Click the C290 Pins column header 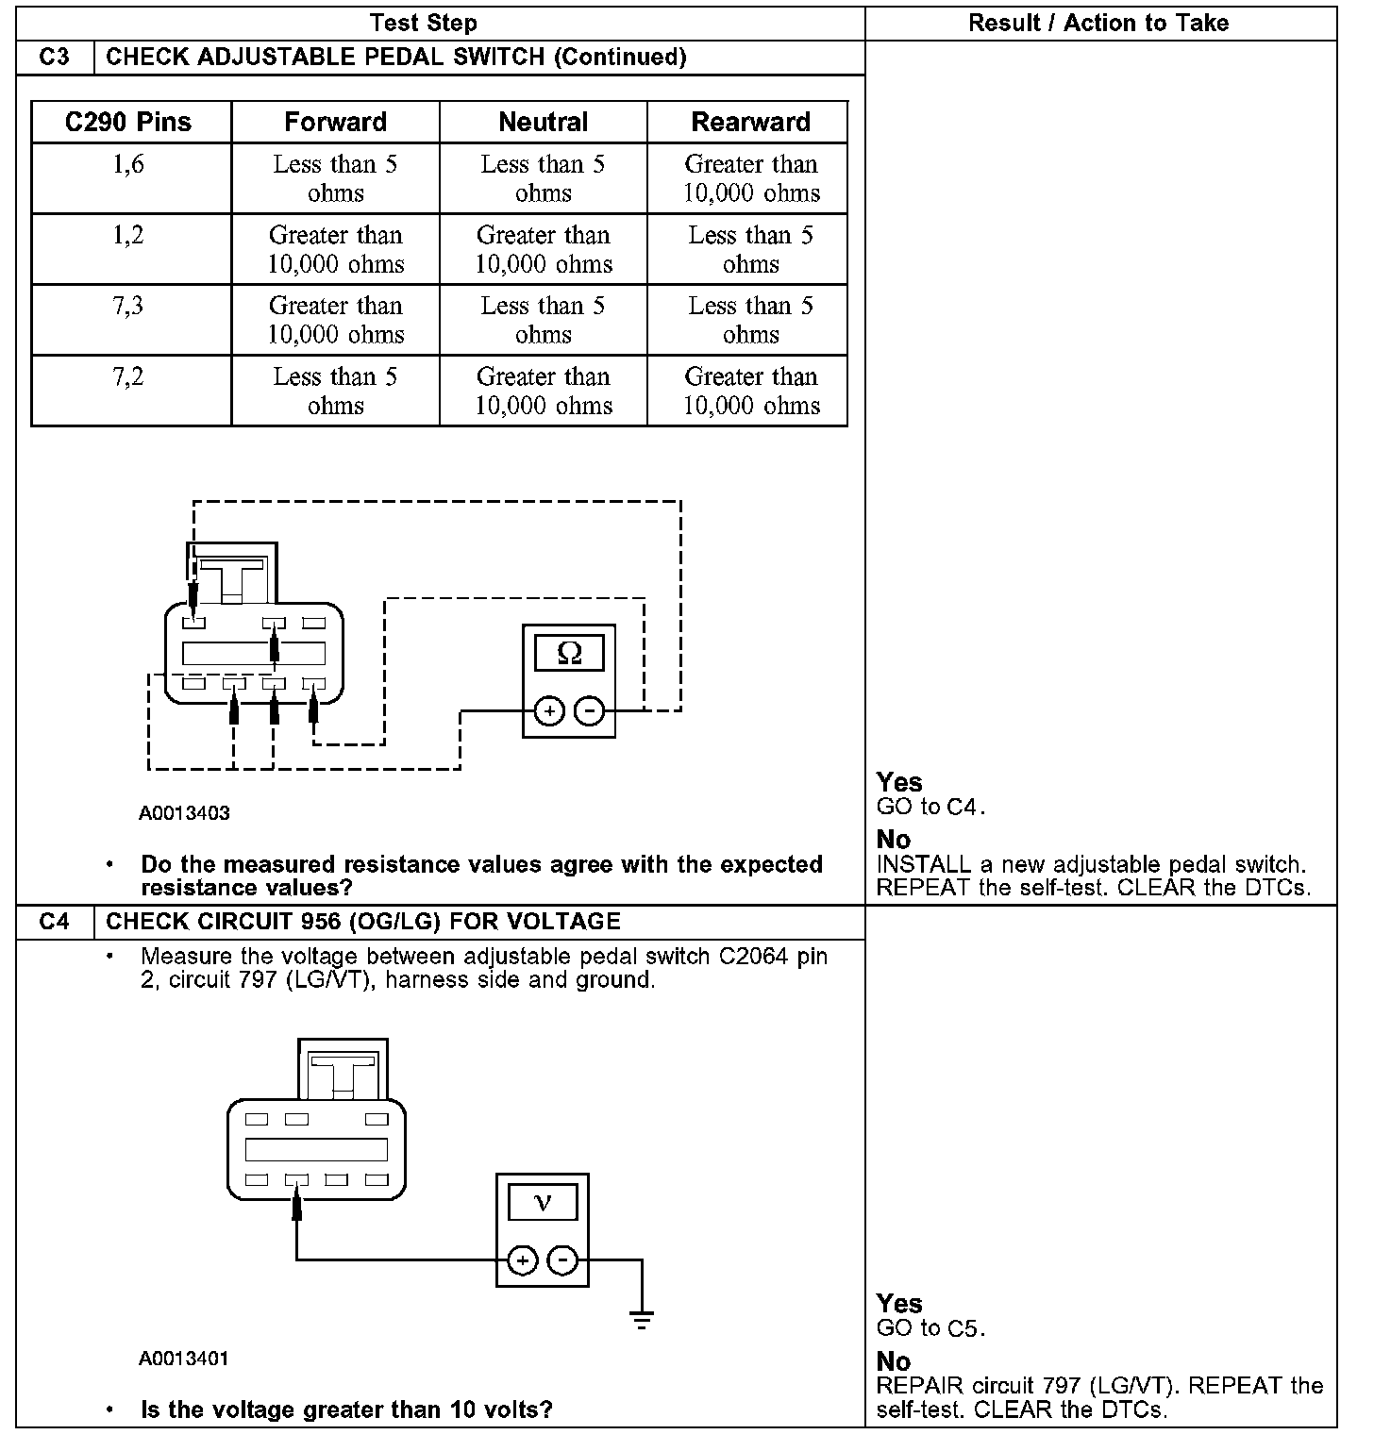click(128, 123)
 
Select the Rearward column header click(750, 123)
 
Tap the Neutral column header click(543, 123)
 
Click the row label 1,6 click(128, 165)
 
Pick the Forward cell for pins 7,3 click(336, 320)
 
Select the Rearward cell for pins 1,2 click(750, 249)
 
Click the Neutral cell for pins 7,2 click(543, 391)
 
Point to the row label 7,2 click(128, 377)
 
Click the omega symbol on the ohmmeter click(569, 653)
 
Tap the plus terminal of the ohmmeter click(549, 710)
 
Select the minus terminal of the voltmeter click(562, 1259)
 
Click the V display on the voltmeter click(543, 1202)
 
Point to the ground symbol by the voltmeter click(642, 1320)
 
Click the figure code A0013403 click(184, 813)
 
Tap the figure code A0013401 click(184, 1359)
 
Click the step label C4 click(55, 922)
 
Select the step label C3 click(55, 58)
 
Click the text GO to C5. click(930, 1329)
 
